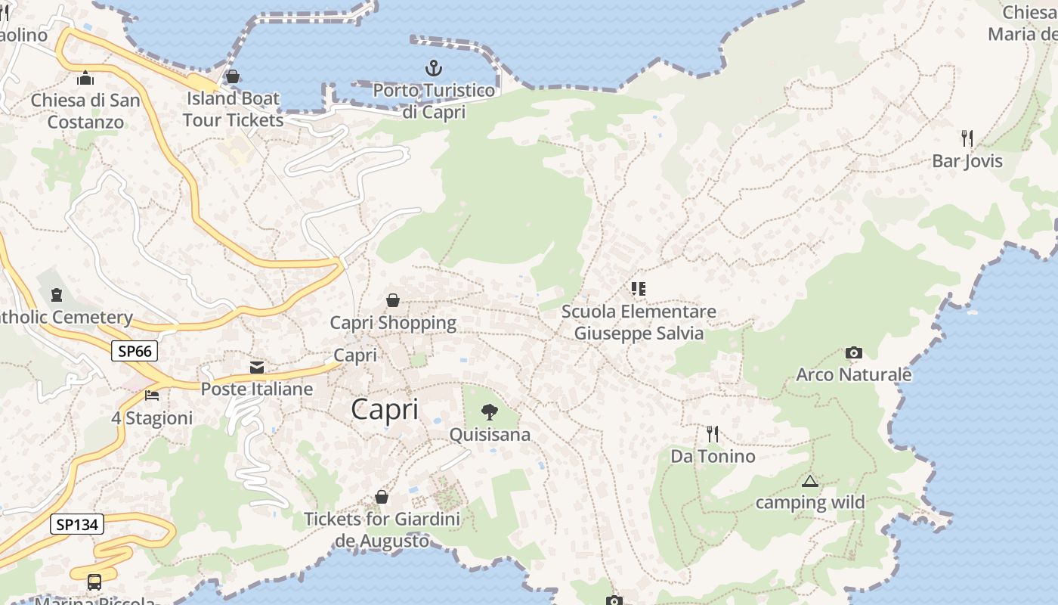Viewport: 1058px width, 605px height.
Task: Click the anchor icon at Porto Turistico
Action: (433, 68)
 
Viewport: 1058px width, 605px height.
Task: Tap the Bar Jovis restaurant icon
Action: (967, 138)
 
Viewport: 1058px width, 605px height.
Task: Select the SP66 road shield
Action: (135, 351)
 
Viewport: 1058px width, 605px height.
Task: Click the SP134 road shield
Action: (76, 524)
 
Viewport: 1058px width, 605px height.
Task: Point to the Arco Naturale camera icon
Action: (854, 352)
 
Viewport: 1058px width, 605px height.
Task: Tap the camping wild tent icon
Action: (810, 481)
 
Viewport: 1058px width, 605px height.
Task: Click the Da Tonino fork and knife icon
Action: (712, 433)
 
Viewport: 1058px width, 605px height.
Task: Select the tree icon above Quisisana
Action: (490, 412)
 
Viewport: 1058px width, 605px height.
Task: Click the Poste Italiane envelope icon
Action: (257, 368)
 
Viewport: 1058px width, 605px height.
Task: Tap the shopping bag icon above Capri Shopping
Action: (393, 300)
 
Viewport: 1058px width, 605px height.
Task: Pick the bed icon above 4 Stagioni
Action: (152, 396)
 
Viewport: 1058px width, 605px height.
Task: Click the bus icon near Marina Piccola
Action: (94, 582)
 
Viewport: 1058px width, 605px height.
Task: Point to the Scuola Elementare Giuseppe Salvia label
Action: (639, 322)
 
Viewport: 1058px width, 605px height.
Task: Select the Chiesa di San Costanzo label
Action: (85, 110)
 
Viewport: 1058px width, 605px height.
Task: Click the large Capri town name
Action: (385, 409)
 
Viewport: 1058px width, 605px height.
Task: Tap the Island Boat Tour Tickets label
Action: (233, 109)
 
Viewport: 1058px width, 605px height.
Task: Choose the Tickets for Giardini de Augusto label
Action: (382, 530)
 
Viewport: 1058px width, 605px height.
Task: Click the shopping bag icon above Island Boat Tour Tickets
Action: (233, 76)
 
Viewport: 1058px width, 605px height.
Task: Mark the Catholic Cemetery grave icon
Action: (56, 294)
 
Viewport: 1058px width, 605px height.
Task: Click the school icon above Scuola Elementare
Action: (639, 288)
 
